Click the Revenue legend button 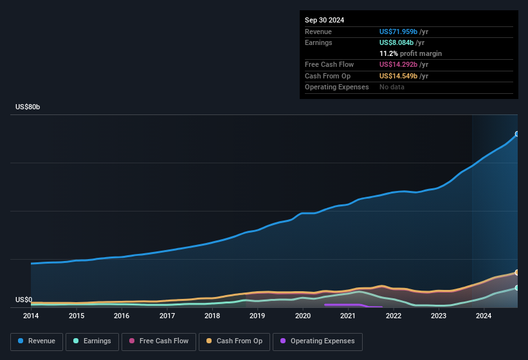[x=37, y=341]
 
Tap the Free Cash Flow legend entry [x=158, y=341]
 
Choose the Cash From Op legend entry [x=234, y=341]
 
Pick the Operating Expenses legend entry [x=317, y=341]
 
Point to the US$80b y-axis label [x=28, y=107]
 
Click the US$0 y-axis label [x=24, y=300]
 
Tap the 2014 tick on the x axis [x=31, y=316]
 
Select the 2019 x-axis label [x=257, y=316]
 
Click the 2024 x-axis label [x=484, y=316]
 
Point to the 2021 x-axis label [x=348, y=316]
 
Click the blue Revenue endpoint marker [x=516, y=134]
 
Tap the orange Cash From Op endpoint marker [x=516, y=273]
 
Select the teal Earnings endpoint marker [x=516, y=287]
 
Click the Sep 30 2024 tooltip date [x=324, y=20]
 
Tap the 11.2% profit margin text [x=410, y=53]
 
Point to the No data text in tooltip [x=392, y=87]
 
